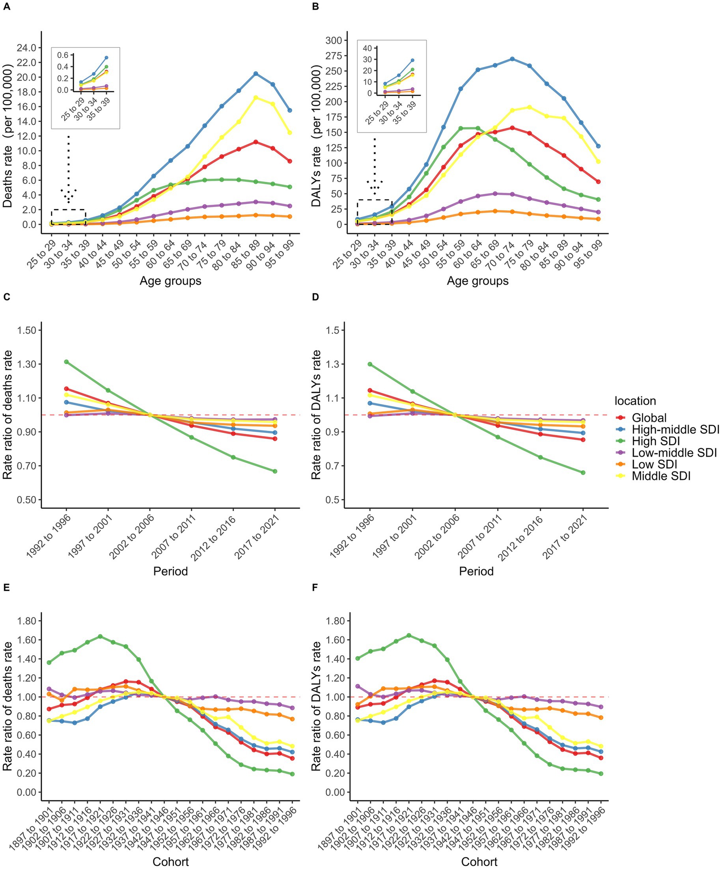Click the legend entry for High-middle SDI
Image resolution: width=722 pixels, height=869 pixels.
point(675,430)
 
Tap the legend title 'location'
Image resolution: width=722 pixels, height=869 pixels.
point(635,401)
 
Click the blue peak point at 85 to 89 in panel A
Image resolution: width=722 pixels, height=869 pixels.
point(256,74)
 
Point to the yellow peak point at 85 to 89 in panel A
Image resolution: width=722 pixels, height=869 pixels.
point(256,98)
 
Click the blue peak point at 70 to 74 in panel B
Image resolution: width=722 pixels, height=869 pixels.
point(513,59)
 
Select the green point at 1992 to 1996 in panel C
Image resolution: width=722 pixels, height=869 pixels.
point(66,362)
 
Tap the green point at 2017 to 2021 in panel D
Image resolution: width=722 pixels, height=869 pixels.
point(583,473)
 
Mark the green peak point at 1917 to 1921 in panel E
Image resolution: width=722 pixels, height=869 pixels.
point(100,636)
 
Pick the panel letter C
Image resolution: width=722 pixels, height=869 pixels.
point(6,297)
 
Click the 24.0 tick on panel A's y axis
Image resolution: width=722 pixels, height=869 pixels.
point(26,48)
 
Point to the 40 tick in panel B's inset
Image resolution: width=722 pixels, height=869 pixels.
point(368,49)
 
